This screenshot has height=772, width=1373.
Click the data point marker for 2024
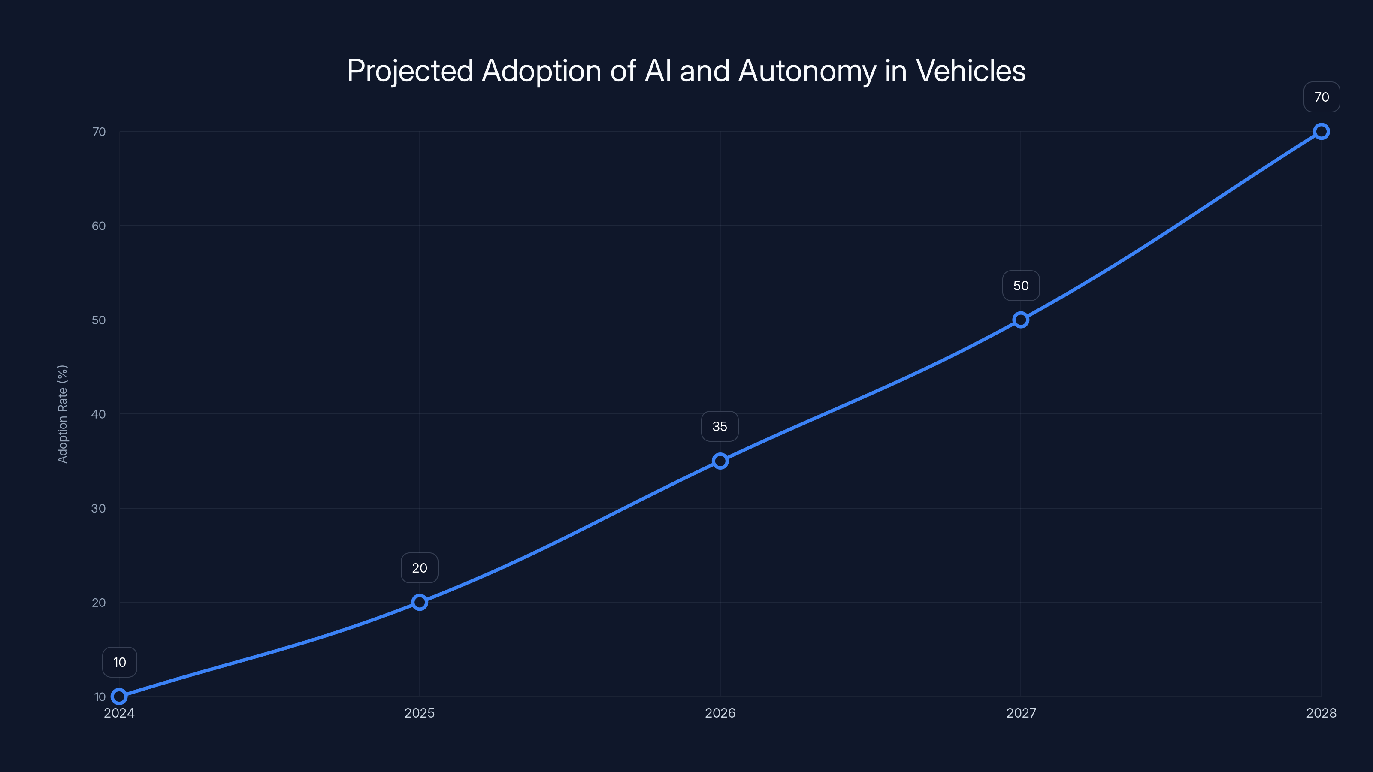(x=119, y=697)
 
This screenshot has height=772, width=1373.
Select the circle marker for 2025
(x=420, y=602)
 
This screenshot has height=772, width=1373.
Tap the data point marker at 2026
(x=720, y=461)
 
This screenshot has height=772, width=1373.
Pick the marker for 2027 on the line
(x=1021, y=320)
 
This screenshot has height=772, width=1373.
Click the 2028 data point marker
(x=1322, y=132)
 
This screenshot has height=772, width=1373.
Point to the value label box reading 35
(x=720, y=426)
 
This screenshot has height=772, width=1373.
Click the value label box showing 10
(x=119, y=662)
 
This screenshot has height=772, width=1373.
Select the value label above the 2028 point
(x=1322, y=97)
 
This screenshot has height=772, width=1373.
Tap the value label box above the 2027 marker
(x=1021, y=286)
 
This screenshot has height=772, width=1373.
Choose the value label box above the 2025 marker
(x=420, y=568)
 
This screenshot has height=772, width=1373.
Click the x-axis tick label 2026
(x=720, y=713)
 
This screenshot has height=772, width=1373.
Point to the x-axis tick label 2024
(x=119, y=713)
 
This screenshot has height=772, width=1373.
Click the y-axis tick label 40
(x=99, y=414)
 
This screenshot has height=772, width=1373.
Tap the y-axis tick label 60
(x=99, y=226)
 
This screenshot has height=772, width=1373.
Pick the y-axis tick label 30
(x=99, y=508)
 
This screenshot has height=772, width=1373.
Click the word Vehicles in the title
(x=970, y=71)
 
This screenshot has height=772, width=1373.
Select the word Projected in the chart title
(x=410, y=71)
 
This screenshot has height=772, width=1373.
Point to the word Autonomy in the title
(x=807, y=71)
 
